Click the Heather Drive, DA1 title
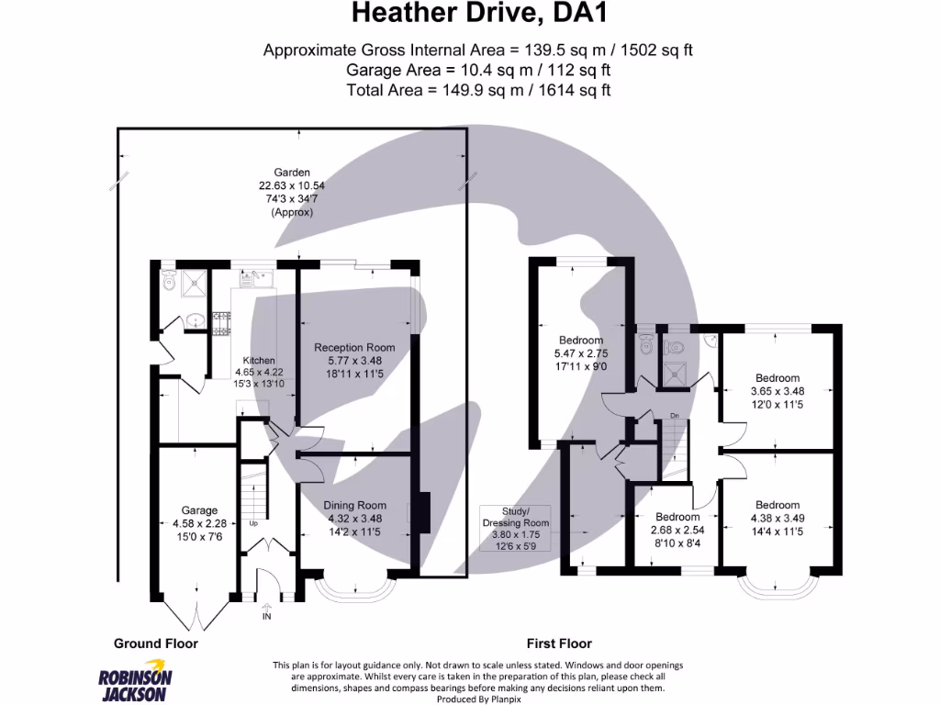479,13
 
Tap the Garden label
292,172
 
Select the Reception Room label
354,347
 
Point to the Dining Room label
355,506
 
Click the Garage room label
199,510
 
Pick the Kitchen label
259,360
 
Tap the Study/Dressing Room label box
516,528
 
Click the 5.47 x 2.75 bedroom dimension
581,353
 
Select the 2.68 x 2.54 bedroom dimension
677,530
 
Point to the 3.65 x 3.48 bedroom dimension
778,391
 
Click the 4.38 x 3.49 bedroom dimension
778,518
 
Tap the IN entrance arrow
267,611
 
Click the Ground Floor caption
156,643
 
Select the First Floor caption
559,643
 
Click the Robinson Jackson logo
135,680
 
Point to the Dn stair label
675,416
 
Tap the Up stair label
253,523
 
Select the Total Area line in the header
478,90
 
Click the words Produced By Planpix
478,699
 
